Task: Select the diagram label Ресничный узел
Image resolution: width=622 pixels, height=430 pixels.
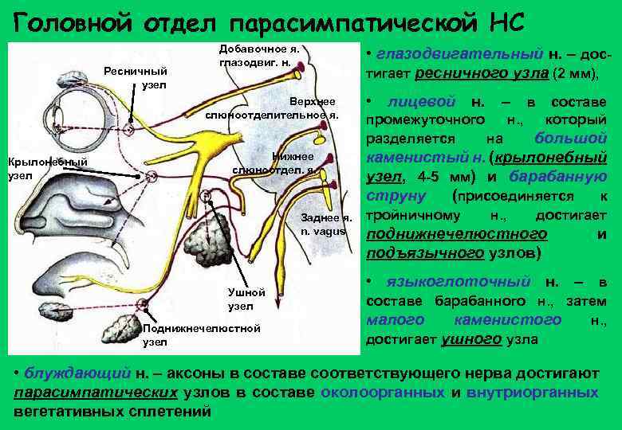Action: coord(132,77)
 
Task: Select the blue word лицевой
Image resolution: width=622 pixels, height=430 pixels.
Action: coord(422,103)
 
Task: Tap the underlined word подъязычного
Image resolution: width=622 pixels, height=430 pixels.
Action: coord(423,254)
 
